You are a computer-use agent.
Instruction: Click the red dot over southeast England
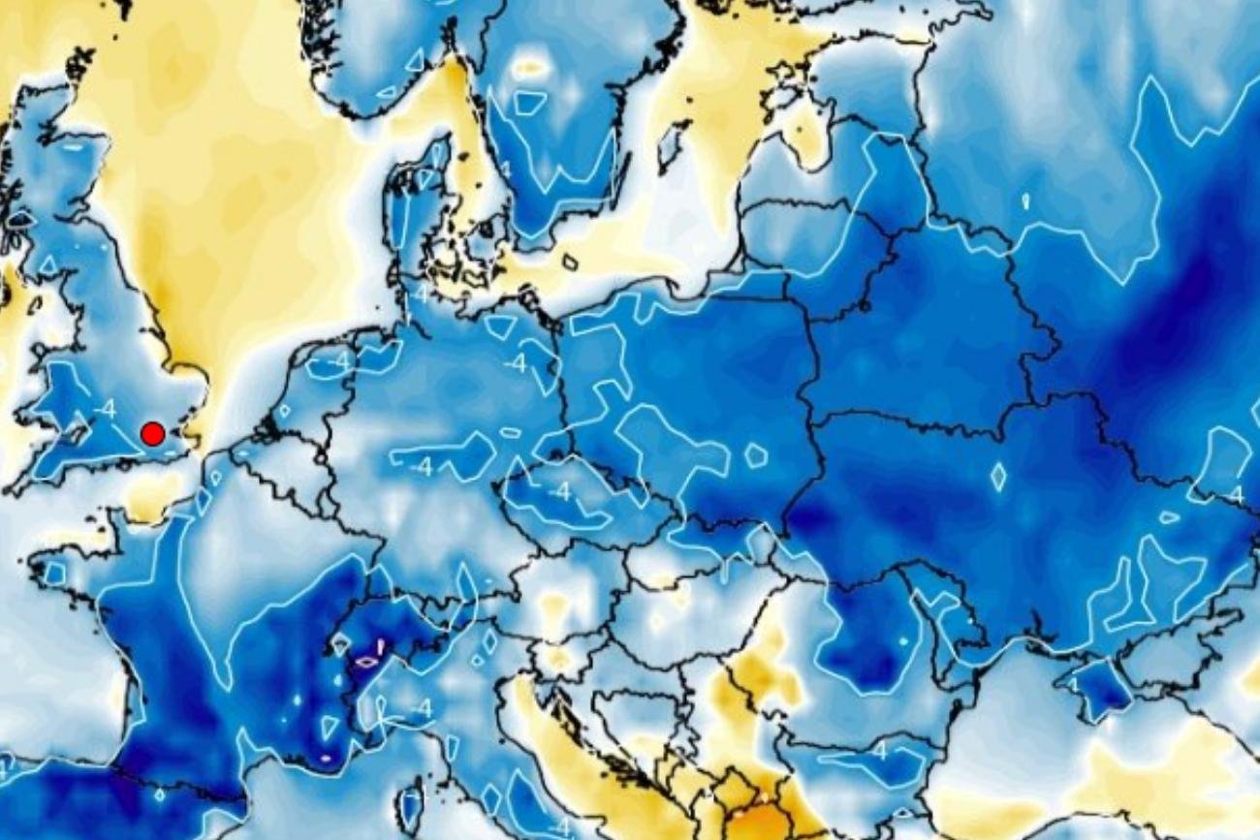152,433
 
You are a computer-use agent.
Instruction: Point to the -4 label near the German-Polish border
516,363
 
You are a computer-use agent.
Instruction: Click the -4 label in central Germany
422,467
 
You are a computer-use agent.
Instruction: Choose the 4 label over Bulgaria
878,751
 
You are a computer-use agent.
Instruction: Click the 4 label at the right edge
1235,495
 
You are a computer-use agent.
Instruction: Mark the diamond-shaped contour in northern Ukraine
998,476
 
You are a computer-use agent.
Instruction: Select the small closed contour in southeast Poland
755,453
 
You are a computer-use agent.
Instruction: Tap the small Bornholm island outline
569,262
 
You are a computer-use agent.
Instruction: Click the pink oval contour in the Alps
366,662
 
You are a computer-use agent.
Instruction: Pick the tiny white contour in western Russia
1024,202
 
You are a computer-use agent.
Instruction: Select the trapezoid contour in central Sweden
529,102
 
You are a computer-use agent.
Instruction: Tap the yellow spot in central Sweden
529,68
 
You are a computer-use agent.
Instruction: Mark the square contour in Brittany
54,573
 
